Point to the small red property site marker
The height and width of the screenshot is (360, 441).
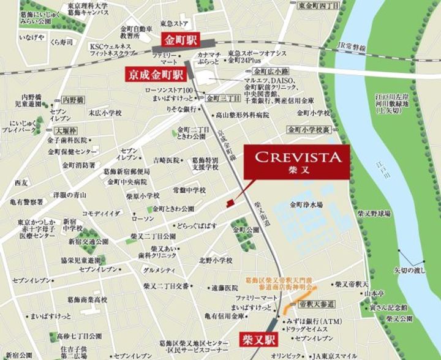(x=230, y=203)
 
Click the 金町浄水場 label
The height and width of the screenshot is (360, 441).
(x=306, y=204)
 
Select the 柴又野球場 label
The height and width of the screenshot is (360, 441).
(x=375, y=214)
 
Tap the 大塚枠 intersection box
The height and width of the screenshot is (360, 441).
(x=66, y=131)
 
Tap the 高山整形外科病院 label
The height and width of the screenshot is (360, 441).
(x=243, y=114)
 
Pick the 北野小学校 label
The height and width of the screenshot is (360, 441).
(x=215, y=260)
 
